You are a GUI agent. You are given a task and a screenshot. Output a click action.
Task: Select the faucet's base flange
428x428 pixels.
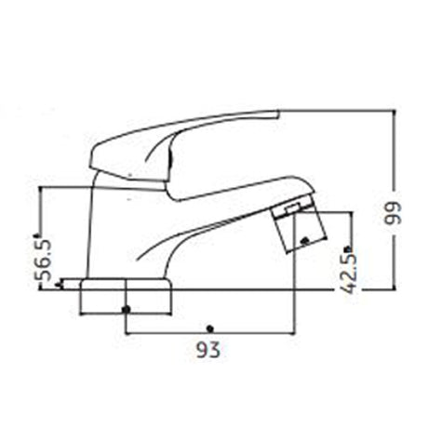point(127,296)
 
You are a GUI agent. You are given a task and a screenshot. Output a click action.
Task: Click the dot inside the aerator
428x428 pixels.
point(302,241)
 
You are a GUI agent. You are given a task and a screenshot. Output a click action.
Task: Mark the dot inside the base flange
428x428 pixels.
point(127,308)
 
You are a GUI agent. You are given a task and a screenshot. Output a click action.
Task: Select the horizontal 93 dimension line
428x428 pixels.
point(209,333)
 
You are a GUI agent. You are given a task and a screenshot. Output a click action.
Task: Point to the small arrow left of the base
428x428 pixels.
point(60,285)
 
